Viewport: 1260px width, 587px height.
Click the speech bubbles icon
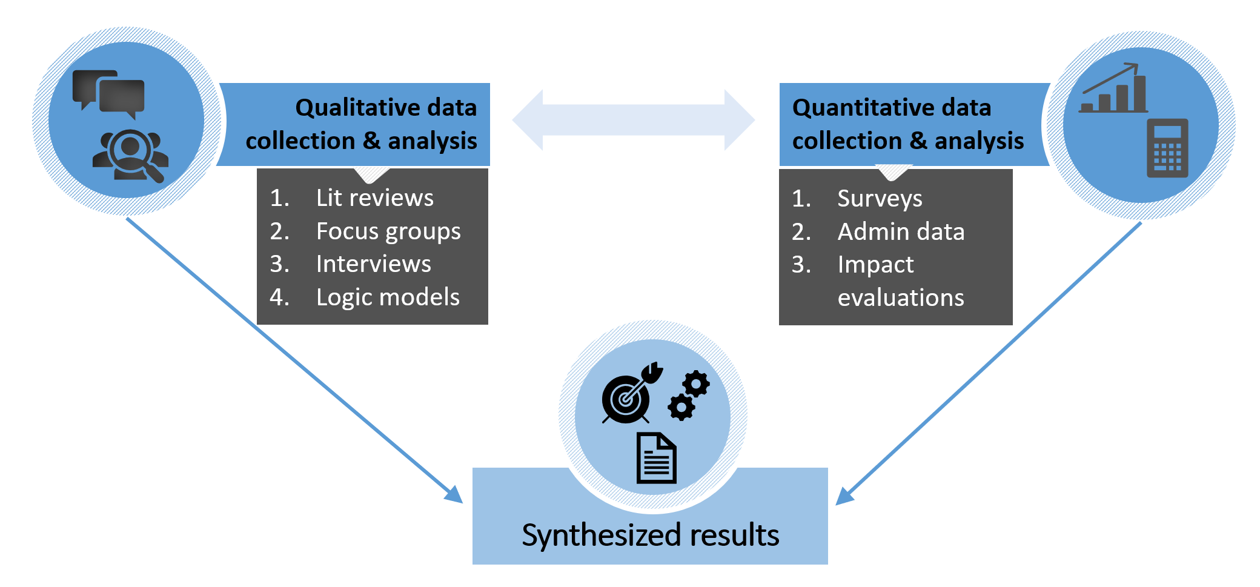[108, 95]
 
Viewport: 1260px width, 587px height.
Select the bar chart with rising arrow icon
[1113, 89]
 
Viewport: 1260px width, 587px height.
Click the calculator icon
[1167, 148]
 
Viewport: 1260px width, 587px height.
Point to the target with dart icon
[630, 394]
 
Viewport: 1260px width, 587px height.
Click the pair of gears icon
[689, 396]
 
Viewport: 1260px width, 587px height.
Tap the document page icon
[656, 458]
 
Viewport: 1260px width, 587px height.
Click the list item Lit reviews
[374, 198]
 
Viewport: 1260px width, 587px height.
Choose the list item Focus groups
[388, 231]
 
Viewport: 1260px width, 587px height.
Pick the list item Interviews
[373, 264]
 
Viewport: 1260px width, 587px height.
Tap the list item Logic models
[388, 297]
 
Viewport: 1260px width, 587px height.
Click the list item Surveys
[880, 199]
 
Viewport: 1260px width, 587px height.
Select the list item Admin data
[901, 232]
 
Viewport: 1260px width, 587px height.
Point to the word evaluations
[901, 298]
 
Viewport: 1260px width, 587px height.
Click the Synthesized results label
[650, 536]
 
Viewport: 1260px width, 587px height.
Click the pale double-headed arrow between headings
[633, 120]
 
